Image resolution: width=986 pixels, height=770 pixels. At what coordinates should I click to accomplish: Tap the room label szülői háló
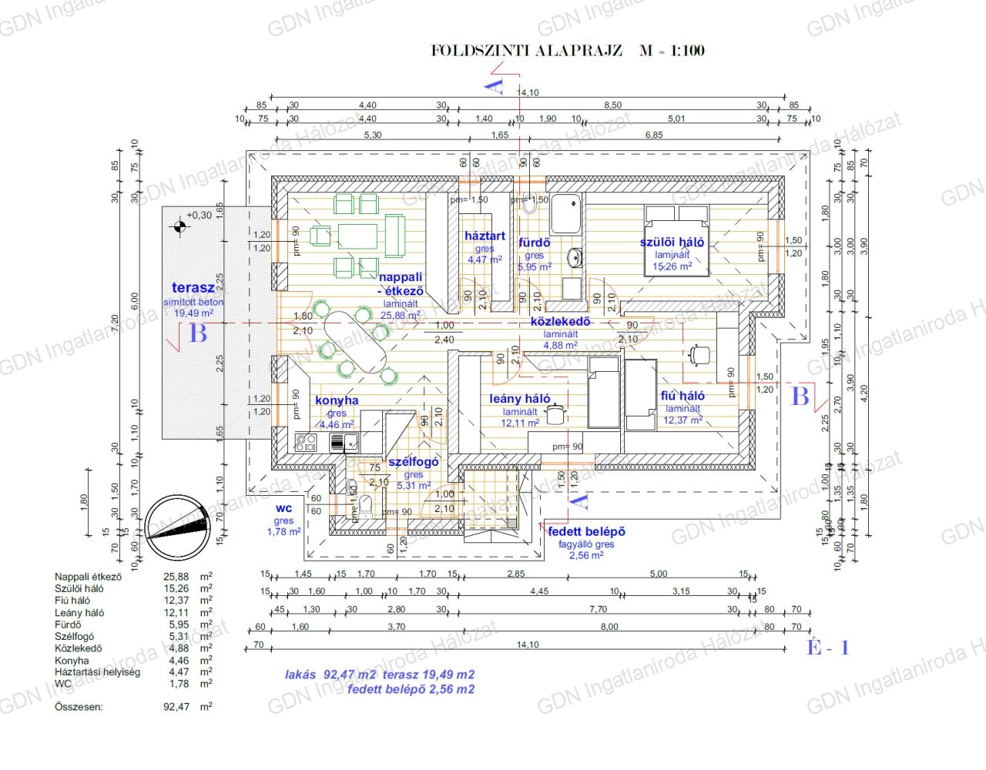coord(672,242)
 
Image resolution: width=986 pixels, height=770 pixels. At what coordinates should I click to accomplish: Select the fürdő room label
coord(535,243)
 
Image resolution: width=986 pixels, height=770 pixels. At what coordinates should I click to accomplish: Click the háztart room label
coord(485,236)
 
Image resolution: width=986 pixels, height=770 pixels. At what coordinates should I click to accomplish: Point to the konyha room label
coord(337,400)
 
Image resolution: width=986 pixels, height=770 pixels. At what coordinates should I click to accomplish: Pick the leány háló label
coord(520,399)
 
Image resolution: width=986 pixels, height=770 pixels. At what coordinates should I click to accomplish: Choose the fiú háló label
coord(682,396)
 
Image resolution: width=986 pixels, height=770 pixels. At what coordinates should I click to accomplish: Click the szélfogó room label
coord(414,462)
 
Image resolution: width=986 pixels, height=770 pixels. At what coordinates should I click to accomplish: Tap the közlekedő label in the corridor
coord(560,322)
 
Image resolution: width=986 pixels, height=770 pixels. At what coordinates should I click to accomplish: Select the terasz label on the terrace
coord(193,288)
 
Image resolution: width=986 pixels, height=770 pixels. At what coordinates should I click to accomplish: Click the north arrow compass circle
coord(178,528)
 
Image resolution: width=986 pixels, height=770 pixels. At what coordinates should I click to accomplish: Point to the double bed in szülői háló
coord(676,239)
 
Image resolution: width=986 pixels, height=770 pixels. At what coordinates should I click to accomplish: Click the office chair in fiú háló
coord(699,354)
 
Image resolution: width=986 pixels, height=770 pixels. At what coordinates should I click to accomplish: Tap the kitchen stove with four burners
coord(307,443)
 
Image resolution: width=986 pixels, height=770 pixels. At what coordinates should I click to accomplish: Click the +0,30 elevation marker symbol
coord(179,227)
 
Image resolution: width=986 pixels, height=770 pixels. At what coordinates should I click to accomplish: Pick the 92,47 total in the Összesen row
coord(176,706)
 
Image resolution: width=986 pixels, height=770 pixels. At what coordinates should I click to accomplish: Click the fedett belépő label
coord(586,531)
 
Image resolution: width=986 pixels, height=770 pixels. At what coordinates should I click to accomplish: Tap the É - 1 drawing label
coord(827,648)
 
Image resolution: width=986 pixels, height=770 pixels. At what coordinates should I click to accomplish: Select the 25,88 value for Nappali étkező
coord(176,577)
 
